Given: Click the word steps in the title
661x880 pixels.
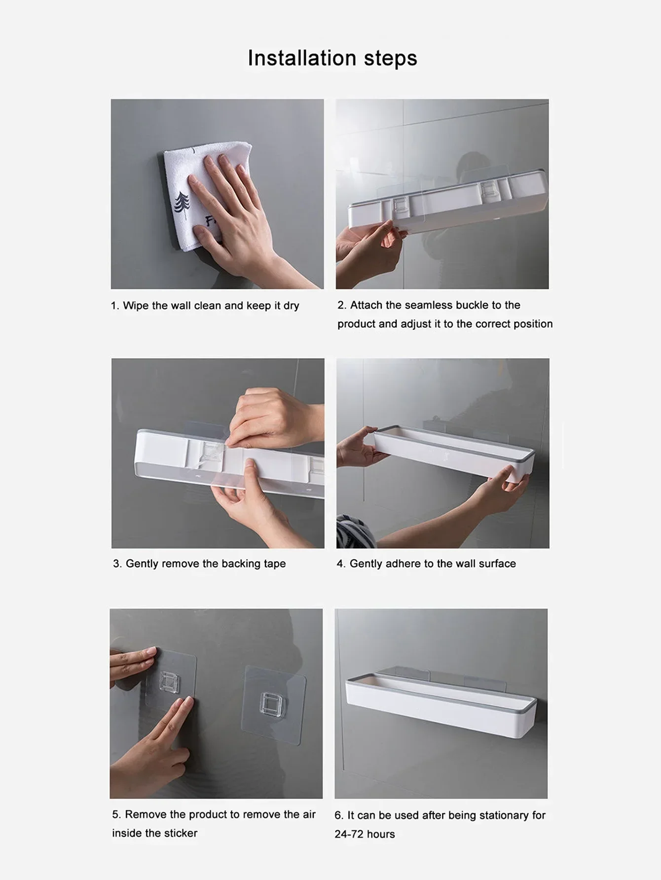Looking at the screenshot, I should click(390, 58).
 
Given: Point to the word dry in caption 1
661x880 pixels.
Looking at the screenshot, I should click(291, 306).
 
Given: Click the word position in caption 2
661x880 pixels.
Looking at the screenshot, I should click(533, 324).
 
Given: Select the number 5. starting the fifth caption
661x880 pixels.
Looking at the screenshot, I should click(116, 814).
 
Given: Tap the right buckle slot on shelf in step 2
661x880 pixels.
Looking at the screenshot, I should click(488, 190).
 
